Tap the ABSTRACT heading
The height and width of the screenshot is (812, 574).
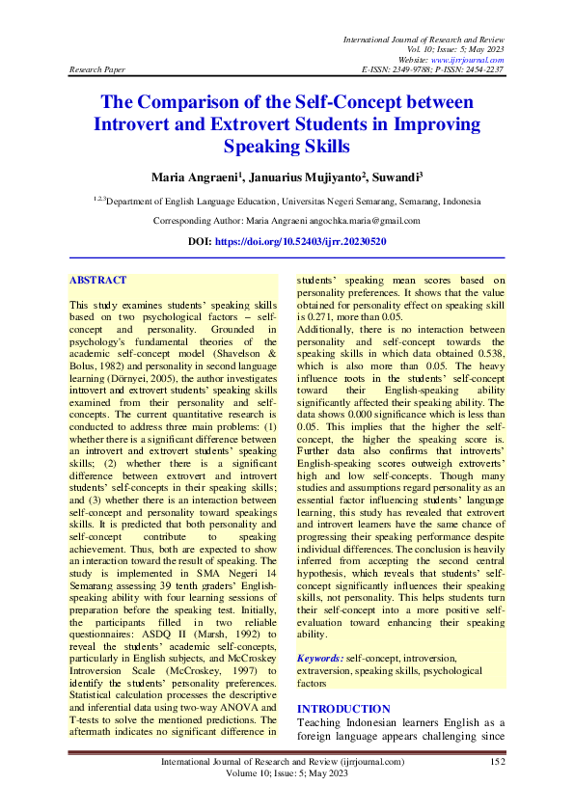(97, 280)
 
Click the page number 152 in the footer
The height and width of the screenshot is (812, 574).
(498, 762)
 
